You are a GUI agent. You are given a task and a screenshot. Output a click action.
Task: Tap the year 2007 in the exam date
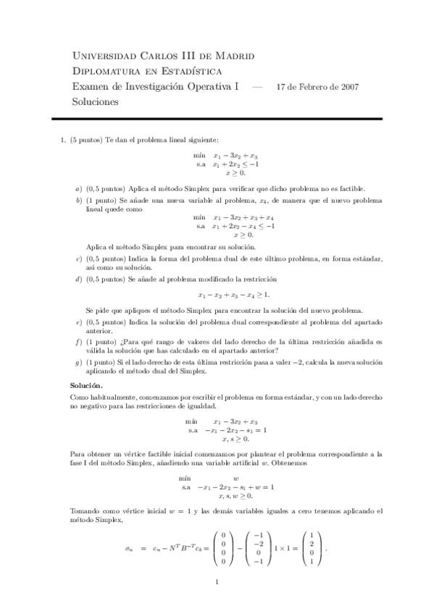pos(346,87)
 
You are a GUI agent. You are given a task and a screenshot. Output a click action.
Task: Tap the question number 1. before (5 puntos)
pos(64,140)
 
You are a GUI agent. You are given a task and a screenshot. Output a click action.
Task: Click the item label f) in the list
pos(79,341)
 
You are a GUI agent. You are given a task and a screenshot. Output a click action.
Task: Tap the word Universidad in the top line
pos(106,56)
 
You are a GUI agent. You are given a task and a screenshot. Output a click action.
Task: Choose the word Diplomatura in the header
pos(109,71)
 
